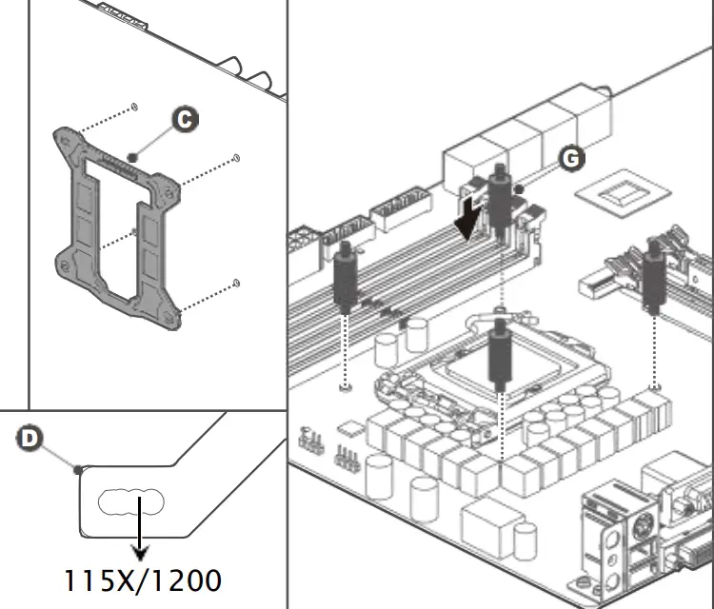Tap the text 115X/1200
143,580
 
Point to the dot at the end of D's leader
77,467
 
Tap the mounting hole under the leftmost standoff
345,387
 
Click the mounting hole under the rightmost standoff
655,387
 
